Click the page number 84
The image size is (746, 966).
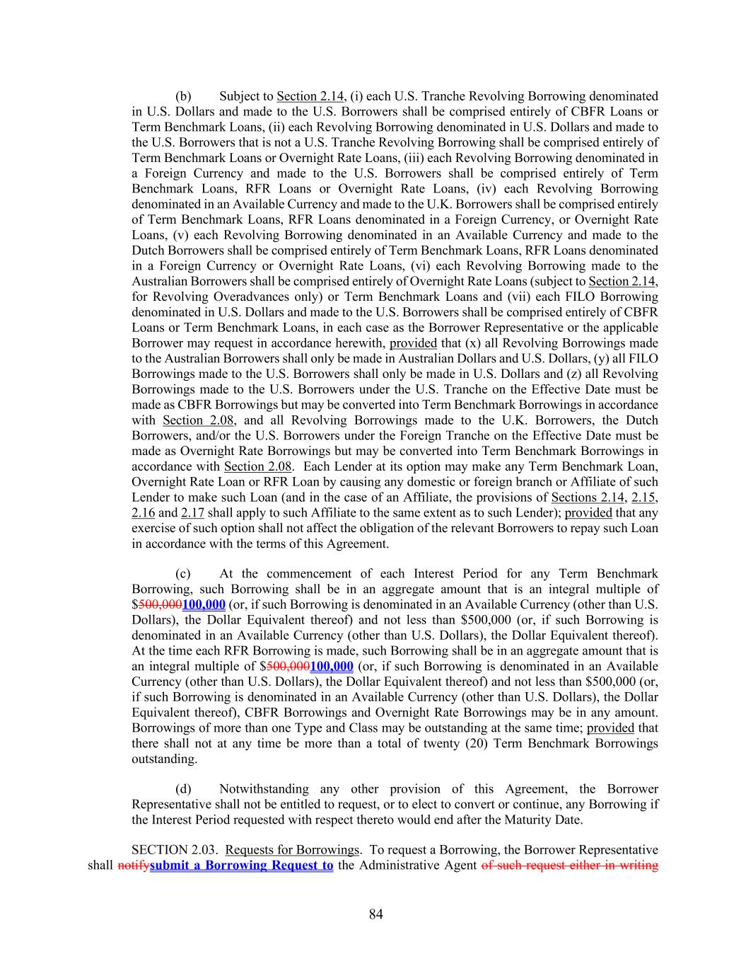375,914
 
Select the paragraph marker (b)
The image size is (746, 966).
183,96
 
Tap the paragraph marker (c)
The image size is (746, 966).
183,574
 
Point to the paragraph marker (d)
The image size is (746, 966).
183,789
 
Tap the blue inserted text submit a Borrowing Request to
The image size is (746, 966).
242,866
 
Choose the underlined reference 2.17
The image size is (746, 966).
192,513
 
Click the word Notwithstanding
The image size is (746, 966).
264,789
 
